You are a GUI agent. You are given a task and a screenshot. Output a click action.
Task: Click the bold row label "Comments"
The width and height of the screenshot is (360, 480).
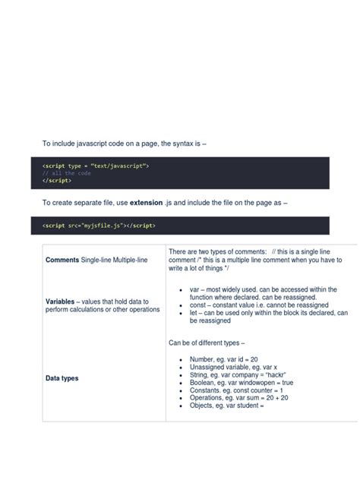coord(64,261)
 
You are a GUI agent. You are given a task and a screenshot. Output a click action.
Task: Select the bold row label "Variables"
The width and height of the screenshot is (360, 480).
coord(65,301)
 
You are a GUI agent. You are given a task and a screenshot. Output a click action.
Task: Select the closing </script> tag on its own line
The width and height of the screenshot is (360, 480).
coord(56,181)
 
